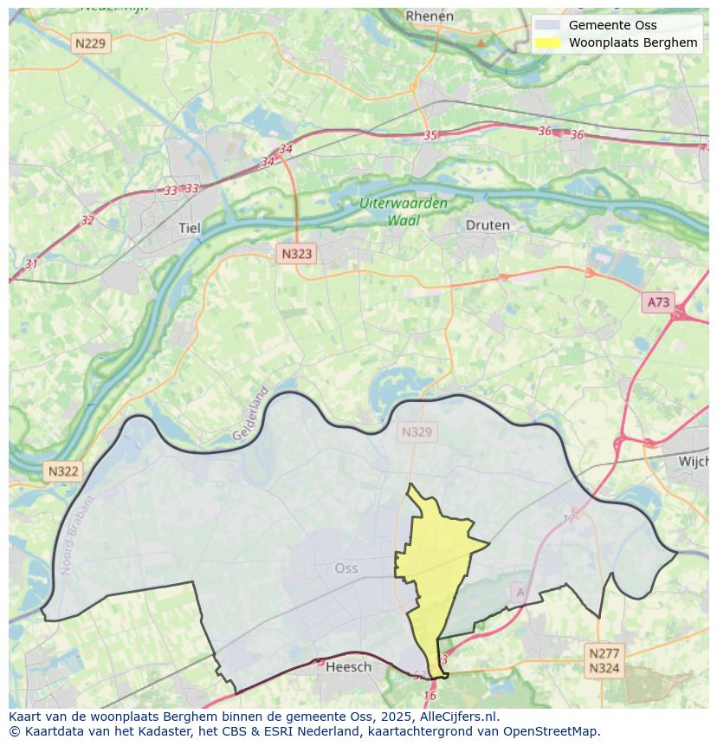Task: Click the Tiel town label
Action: pos(189,229)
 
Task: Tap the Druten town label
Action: pos(488,225)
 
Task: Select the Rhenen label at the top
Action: pos(430,16)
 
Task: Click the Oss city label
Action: pos(346,568)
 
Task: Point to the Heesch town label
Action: pos(349,666)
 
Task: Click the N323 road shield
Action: pos(296,254)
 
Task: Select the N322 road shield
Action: pos(63,471)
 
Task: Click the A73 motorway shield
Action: pos(658,302)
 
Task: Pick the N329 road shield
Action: pos(417,431)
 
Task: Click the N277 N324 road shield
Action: pos(604,660)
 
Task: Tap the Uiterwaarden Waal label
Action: pos(404,212)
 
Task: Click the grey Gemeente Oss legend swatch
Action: pos(548,25)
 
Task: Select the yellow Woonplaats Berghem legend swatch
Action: pos(548,42)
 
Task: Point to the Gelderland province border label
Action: pos(250,414)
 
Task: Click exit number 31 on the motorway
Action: pos(31,263)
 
